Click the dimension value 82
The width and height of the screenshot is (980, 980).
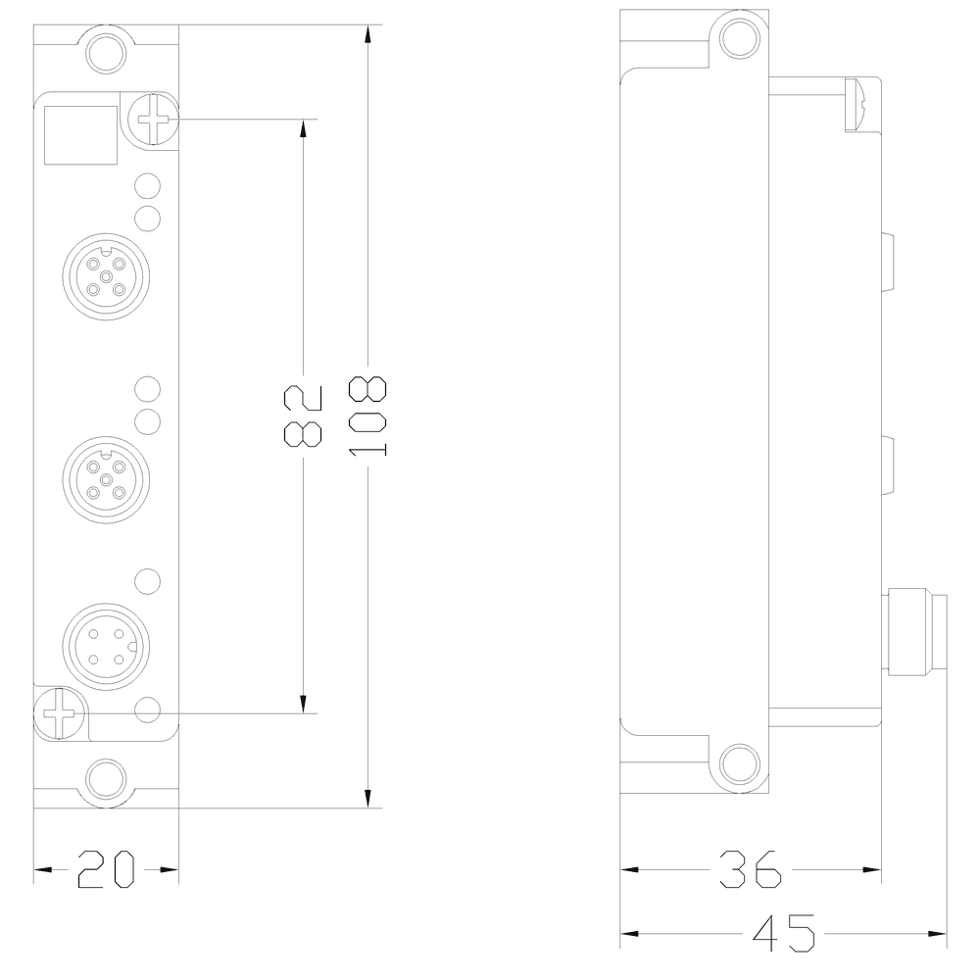point(303,416)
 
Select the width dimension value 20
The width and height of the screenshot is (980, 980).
point(105,869)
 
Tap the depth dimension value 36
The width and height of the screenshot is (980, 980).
point(751,869)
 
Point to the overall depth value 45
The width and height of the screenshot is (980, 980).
point(784,933)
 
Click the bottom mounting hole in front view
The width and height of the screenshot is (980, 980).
point(105,780)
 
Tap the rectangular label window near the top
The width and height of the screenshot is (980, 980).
point(81,134)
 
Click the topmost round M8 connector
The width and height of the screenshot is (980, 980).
point(104,276)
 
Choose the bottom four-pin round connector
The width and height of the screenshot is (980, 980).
point(104,645)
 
